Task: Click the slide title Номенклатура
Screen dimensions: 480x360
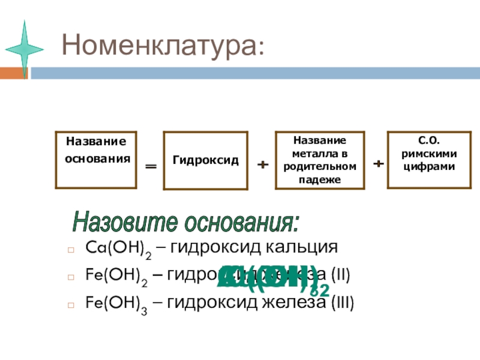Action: [162, 46]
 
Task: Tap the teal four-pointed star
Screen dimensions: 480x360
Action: [24, 49]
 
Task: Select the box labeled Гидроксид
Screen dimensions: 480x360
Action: [206, 161]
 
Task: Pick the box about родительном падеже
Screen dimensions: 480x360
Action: [320, 160]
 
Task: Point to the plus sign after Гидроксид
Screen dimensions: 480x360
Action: [262, 164]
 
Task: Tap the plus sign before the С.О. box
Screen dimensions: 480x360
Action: [379, 163]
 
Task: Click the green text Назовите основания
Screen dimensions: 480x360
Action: [185, 223]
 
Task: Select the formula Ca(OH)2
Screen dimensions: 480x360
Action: [119, 248]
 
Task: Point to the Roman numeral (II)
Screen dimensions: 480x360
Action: [334, 275]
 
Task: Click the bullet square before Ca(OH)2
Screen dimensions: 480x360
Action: [71, 249]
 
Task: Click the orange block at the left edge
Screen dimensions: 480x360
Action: [13, 73]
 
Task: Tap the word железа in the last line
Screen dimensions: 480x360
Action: [280, 303]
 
